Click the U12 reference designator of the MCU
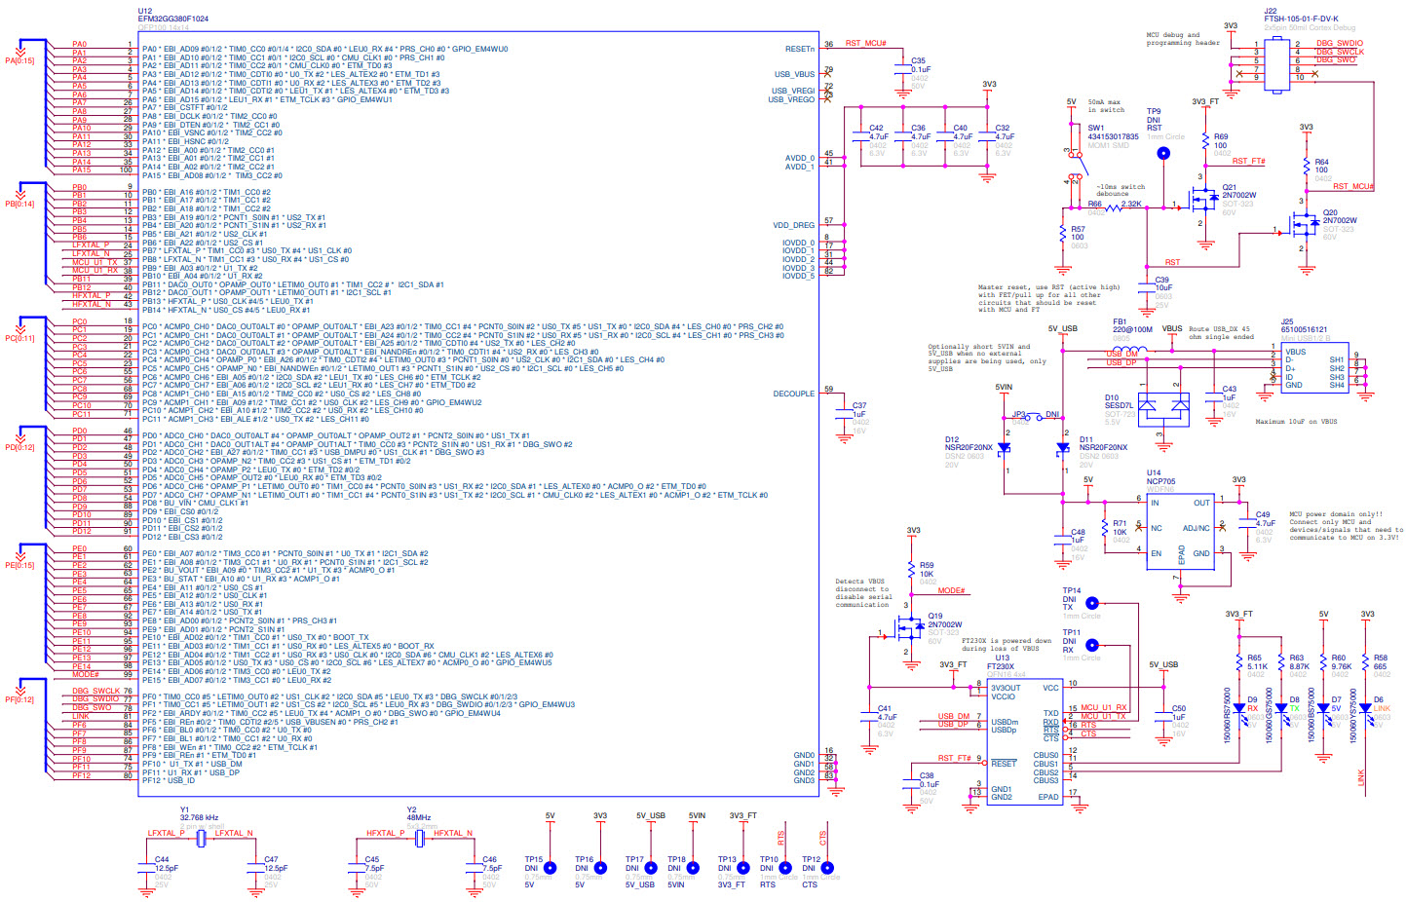(x=144, y=12)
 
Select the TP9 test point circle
(x=1162, y=153)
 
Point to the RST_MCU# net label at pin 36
(x=865, y=44)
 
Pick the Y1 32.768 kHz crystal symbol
(x=201, y=839)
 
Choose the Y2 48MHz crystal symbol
(x=419, y=839)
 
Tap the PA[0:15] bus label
(x=19, y=60)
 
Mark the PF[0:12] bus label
(x=19, y=699)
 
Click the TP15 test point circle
(x=550, y=868)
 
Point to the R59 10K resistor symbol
(x=912, y=570)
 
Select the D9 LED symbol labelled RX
(x=1239, y=709)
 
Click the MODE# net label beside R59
(x=951, y=591)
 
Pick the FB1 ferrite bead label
(x=1120, y=321)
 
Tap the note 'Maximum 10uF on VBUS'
(x=1296, y=422)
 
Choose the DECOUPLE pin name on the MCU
(x=793, y=394)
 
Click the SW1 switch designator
(x=1095, y=128)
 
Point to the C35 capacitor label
(x=918, y=61)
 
